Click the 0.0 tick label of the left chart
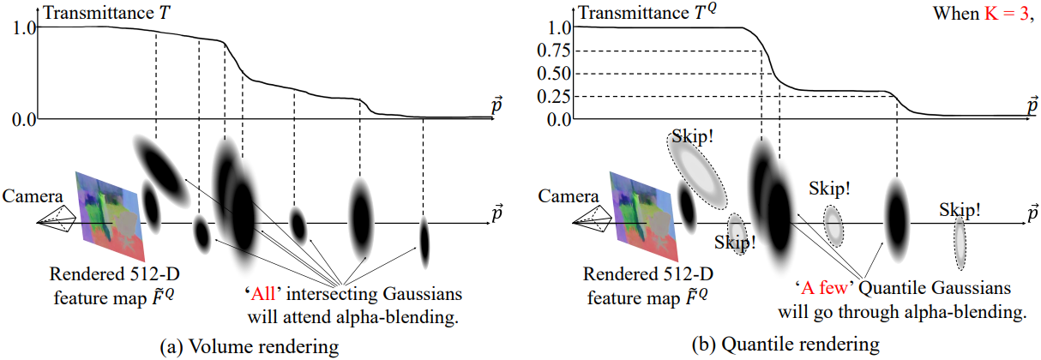[23, 119]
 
